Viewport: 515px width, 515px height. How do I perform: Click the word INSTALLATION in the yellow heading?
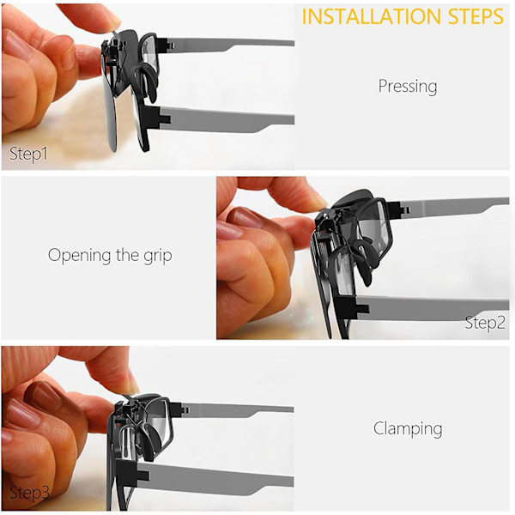pyautogui.click(x=371, y=16)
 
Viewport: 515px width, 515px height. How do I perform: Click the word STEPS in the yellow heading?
pyautogui.click(x=476, y=16)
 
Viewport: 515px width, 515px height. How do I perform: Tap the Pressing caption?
pyautogui.click(x=408, y=87)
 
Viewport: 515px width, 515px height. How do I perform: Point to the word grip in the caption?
pyautogui.click(x=158, y=256)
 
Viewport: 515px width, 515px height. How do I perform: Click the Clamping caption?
pyautogui.click(x=408, y=428)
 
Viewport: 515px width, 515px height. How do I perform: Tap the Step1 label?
pyautogui.click(x=28, y=154)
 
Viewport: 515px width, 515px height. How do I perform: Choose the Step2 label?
pyautogui.click(x=485, y=323)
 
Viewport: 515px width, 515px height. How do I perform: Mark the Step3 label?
pyautogui.click(x=29, y=493)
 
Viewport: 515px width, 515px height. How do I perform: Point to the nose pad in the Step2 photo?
pyautogui.click(x=367, y=259)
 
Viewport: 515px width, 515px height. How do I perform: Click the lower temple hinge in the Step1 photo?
pyautogui.click(x=160, y=118)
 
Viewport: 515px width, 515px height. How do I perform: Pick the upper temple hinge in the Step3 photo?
pyautogui.click(x=180, y=409)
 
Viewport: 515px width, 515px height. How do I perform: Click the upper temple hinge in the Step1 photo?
pyautogui.click(x=166, y=44)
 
